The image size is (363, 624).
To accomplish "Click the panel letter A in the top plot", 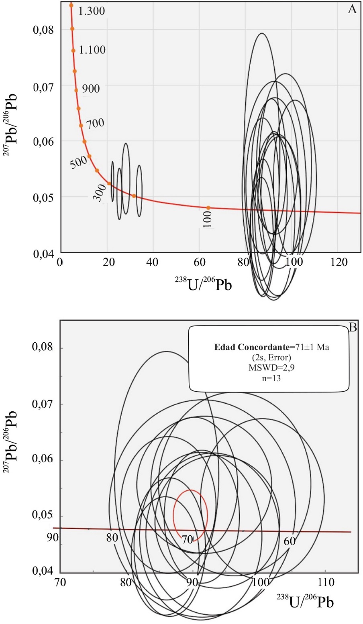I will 352,9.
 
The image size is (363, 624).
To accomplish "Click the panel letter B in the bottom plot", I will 353,327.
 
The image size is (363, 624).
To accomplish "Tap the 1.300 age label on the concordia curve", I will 92,11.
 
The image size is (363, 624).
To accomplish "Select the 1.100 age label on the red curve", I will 92,50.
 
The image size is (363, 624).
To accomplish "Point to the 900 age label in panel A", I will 91,88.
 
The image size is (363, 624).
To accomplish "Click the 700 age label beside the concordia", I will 95,123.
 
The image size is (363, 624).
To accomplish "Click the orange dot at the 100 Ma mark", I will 208,207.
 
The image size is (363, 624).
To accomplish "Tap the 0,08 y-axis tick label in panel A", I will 43,30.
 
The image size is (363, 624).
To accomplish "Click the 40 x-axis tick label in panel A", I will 152,262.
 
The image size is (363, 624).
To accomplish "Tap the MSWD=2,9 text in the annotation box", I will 269,368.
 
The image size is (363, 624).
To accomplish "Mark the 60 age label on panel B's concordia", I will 290,541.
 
